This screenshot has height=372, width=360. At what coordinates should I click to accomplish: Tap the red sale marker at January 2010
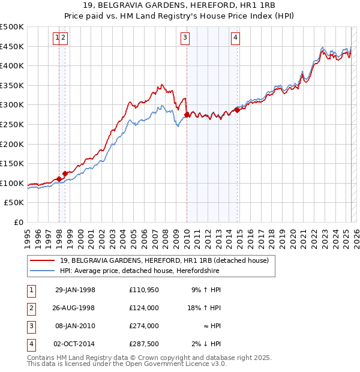tap(187, 115)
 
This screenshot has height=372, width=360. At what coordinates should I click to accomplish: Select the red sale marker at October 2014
tap(238, 110)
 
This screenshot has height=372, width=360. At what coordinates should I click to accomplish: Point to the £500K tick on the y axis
tap(12, 27)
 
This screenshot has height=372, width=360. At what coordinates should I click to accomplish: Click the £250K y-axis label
tap(12, 124)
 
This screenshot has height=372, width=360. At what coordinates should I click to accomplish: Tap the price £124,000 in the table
tap(144, 308)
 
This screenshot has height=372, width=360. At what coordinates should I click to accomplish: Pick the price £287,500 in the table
tap(144, 344)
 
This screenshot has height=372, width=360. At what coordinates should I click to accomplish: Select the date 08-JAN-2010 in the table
tap(75, 326)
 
